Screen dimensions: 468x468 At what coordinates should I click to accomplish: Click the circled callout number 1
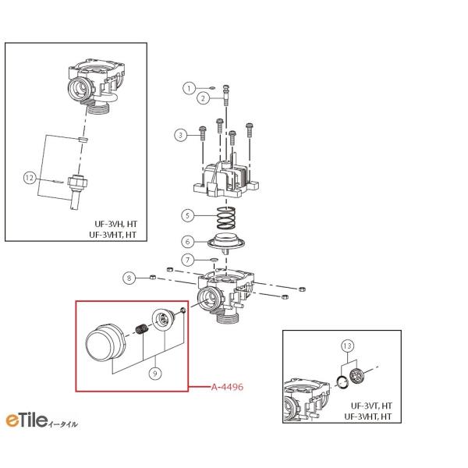click(x=189, y=88)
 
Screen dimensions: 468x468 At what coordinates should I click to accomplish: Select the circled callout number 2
click(x=203, y=98)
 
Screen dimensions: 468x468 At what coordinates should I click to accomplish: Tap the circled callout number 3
click(x=180, y=135)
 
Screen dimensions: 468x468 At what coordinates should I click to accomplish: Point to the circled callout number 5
click(x=187, y=215)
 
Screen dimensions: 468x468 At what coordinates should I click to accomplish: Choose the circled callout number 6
click(x=187, y=242)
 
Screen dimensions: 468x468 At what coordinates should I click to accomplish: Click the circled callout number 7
click(x=187, y=260)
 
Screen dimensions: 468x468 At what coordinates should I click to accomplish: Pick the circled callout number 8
click(x=129, y=278)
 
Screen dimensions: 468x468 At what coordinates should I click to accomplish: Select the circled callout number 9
click(x=155, y=373)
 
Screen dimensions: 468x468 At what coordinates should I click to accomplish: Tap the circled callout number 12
click(x=30, y=178)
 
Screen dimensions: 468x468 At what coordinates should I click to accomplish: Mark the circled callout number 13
click(x=347, y=346)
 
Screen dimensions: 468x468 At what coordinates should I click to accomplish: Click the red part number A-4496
click(x=228, y=387)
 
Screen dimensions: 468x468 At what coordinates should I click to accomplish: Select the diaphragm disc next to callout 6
click(x=226, y=242)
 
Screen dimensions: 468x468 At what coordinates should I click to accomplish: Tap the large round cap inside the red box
click(x=106, y=342)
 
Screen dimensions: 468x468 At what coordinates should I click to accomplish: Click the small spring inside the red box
click(x=143, y=328)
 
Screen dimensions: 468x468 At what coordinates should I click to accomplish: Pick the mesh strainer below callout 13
click(x=356, y=375)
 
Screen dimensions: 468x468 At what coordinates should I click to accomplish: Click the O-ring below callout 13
click(x=342, y=382)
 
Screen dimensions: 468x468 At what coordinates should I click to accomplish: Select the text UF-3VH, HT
click(x=116, y=224)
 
